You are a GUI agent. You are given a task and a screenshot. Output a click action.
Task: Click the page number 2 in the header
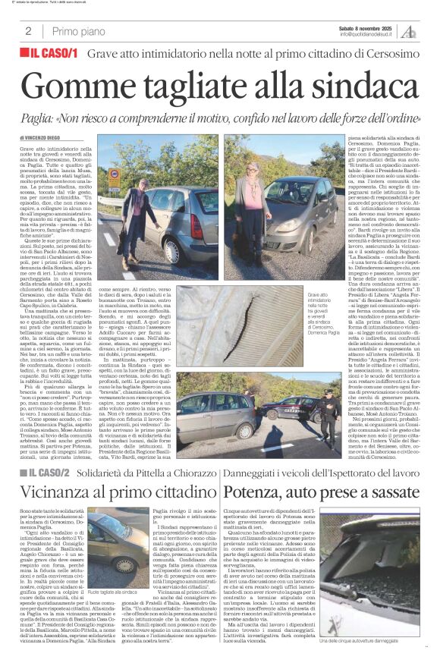click(28, 31)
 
